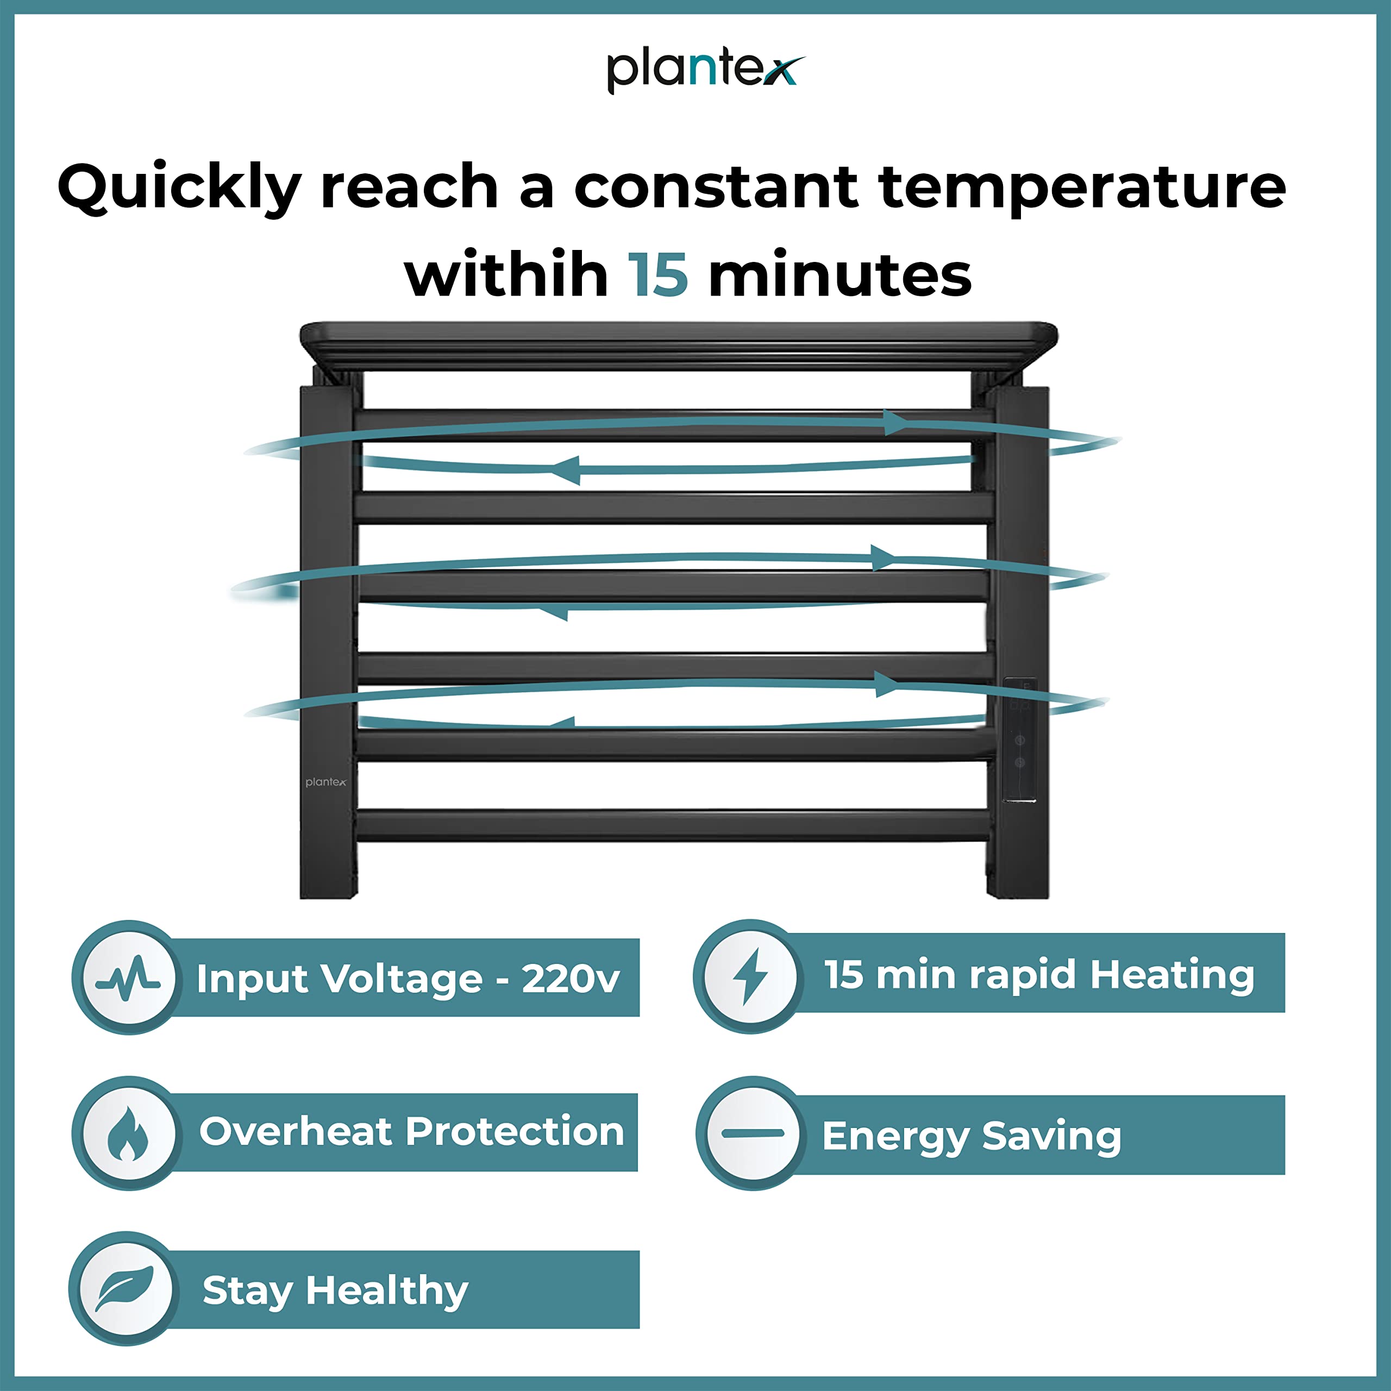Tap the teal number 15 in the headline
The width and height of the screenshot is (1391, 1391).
658,274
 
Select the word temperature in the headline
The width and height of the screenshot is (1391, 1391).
1082,188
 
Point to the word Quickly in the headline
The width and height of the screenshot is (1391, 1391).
179,188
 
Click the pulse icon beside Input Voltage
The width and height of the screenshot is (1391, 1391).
128,979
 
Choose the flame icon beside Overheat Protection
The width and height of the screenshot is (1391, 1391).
128,1133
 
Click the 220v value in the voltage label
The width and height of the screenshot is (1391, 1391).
570,979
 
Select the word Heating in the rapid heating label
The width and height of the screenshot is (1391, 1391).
1172,975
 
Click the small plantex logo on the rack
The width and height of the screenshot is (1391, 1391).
325,782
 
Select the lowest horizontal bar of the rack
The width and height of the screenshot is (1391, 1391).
673,825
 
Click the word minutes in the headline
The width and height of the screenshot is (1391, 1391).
840,274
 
